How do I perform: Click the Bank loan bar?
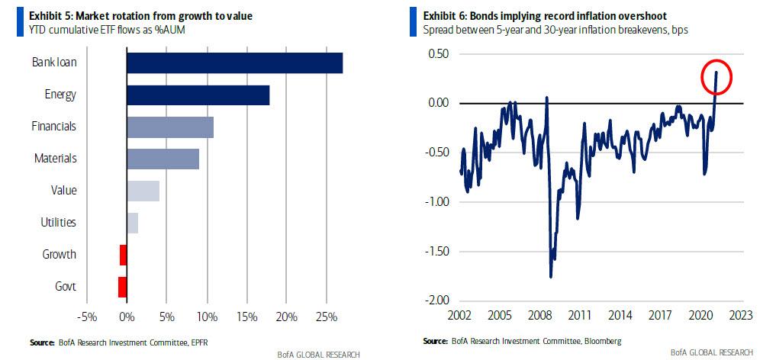(x=234, y=63)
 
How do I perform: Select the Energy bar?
(x=198, y=95)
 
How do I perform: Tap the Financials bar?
(x=169, y=127)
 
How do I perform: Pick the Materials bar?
(x=163, y=159)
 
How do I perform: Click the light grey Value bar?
(x=143, y=191)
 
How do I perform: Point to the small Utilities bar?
(x=132, y=223)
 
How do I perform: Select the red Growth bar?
(x=123, y=255)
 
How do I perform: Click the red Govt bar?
(x=122, y=287)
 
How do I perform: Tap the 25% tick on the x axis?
(x=326, y=316)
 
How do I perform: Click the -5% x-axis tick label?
(x=86, y=316)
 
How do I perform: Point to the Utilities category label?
(x=58, y=223)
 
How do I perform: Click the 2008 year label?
(x=540, y=314)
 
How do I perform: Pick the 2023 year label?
(x=741, y=314)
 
